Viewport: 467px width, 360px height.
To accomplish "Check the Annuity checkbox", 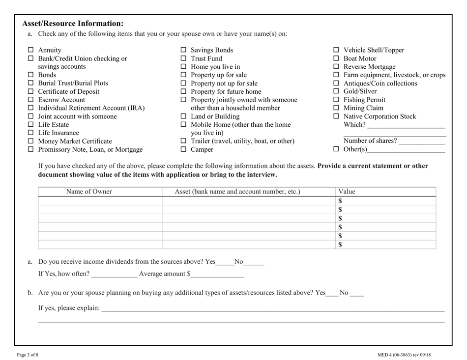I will coord(30,50).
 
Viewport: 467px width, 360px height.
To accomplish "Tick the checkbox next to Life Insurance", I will coord(30,133).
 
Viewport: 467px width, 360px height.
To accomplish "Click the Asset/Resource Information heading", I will coord(73,23).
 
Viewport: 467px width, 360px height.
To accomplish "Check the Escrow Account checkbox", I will coord(30,100).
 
